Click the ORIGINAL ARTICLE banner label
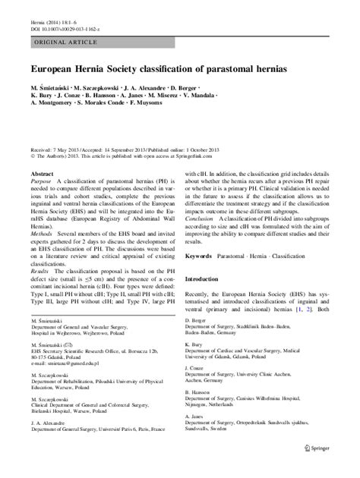[x=63, y=45]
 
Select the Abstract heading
[x=42, y=194]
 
